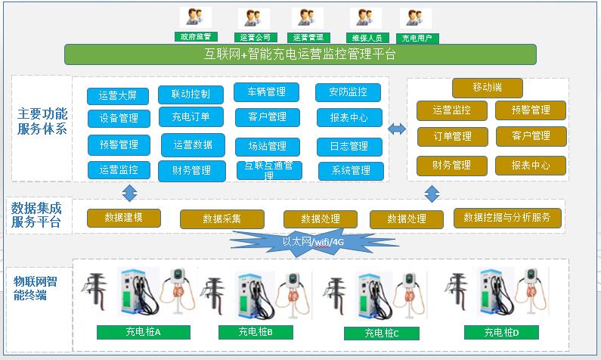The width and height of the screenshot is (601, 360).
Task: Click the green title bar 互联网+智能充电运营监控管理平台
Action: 300,54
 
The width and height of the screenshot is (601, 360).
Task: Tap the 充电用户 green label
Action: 417,37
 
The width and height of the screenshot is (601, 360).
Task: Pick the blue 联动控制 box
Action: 191,95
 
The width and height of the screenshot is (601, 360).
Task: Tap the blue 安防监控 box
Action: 348,92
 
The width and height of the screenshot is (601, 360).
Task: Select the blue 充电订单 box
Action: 191,117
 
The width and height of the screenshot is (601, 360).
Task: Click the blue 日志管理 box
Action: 349,146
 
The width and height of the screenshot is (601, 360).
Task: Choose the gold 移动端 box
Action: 487,88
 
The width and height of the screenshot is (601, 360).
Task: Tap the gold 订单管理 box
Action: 451,136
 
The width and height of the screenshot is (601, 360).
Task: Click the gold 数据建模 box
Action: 124,218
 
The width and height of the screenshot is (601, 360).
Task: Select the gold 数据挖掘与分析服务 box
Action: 507,217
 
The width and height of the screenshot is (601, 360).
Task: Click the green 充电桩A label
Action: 143,332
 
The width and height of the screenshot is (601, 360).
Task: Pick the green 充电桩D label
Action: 501,332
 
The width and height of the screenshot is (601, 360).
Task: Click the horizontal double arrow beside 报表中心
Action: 397,129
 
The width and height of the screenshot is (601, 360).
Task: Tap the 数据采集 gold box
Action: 222,219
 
